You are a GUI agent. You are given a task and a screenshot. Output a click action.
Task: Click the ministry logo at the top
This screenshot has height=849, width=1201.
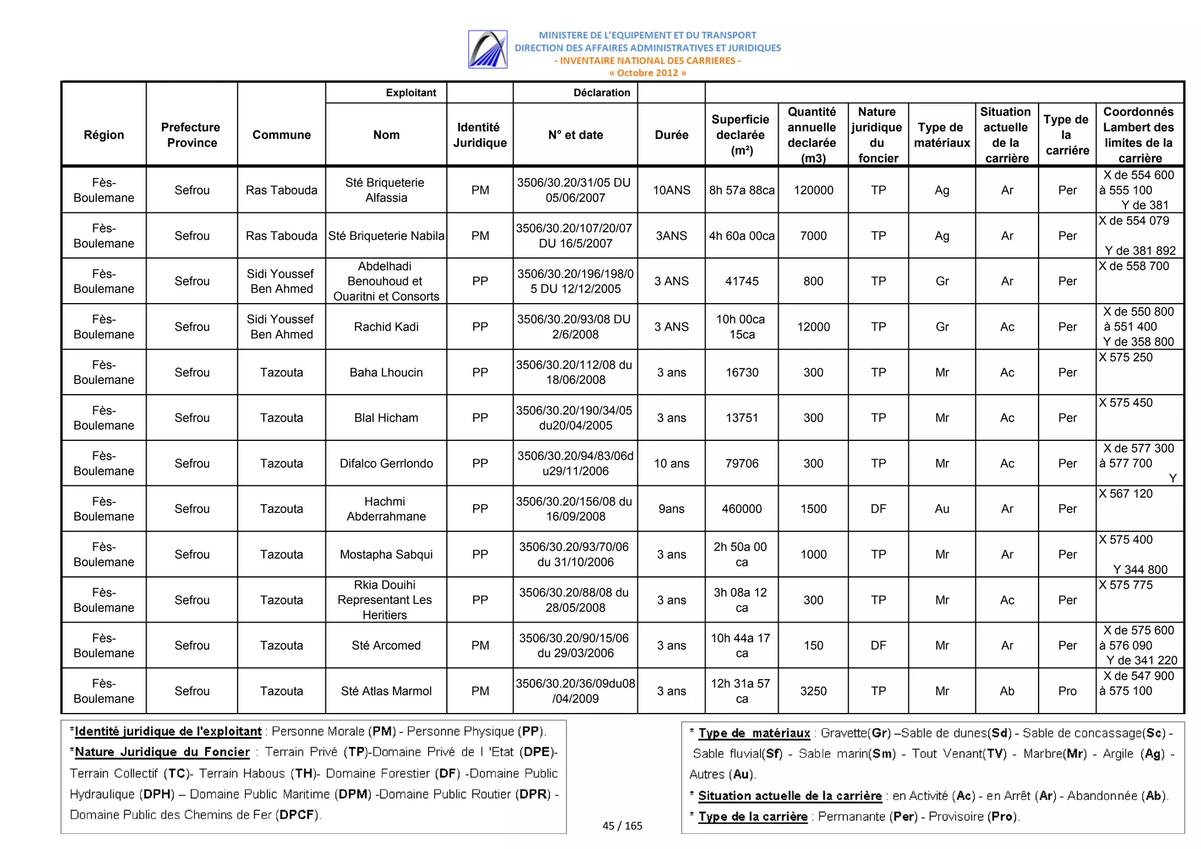click(487, 49)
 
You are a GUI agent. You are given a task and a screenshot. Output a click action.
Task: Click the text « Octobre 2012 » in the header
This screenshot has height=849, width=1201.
click(647, 73)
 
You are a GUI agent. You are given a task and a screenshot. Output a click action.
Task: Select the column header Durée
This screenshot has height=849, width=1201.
click(671, 135)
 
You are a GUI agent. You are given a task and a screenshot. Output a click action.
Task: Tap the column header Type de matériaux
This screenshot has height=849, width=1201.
click(941, 135)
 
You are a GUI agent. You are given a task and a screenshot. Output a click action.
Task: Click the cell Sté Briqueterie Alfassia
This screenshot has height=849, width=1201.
click(386, 190)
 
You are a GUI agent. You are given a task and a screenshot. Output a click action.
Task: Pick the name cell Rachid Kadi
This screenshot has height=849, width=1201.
click(386, 327)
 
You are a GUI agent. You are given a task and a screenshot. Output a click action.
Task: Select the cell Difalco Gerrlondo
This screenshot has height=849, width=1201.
click(386, 463)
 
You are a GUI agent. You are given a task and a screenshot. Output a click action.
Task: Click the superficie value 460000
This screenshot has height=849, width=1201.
click(741, 509)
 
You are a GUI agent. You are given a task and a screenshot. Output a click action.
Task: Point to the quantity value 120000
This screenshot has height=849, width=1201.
click(813, 190)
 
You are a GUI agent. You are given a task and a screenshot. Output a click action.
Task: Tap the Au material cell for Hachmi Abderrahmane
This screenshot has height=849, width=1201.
click(941, 509)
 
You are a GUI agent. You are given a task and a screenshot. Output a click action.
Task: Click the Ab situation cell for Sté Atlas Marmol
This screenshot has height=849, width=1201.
click(1006, 691)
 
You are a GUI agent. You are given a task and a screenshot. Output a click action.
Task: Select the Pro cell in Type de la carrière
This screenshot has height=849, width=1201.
click(1067, 691)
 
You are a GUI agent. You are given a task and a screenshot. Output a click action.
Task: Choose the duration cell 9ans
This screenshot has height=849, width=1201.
click(671, 509)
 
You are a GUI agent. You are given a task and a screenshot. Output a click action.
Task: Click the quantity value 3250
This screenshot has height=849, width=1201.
click(813, 691)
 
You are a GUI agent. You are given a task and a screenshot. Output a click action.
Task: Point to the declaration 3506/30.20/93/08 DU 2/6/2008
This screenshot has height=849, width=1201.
click(574, 327)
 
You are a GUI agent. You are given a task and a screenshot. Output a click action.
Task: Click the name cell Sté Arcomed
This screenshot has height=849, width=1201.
click(386, 646)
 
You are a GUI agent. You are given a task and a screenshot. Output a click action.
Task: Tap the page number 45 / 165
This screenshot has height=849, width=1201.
click(622, 826)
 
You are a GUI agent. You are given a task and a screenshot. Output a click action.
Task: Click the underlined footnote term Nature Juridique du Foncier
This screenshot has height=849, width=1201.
click(162, 752)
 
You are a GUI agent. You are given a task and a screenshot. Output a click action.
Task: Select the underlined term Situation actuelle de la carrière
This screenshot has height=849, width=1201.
click(789, 796)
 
